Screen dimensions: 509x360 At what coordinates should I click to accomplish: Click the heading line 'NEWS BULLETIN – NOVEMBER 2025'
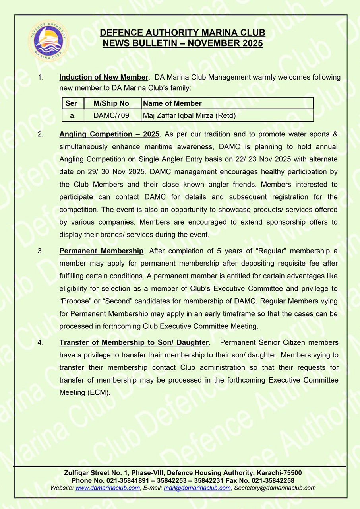(x=182, y=43)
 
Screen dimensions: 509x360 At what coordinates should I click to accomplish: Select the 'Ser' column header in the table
(x=71, y=103)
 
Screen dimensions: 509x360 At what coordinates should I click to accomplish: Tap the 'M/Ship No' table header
(x=111, y=103)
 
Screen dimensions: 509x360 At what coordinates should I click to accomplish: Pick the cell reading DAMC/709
(x=111, y=116)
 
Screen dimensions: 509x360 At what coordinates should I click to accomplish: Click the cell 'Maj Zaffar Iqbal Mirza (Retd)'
(x=189, y=116)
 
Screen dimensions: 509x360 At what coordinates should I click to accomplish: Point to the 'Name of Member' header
(x=172, y=103)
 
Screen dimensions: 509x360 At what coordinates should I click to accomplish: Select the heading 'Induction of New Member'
(x=104, y=77)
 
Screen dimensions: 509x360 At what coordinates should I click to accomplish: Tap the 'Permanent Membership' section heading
(x=101, y=251)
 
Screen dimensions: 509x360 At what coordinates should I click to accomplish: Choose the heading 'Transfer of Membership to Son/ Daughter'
(x=134, y=342)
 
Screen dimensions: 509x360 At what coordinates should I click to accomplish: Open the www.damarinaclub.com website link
(x=108, y=488)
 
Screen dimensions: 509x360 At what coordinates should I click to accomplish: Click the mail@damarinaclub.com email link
(x=197, y=488)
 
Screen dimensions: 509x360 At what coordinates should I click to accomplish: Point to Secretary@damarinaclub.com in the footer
(x=275, y=488)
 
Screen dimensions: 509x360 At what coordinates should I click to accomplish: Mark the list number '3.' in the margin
(x=40, y=251)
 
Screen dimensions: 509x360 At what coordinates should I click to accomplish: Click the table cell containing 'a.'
(x=73, y=116)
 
